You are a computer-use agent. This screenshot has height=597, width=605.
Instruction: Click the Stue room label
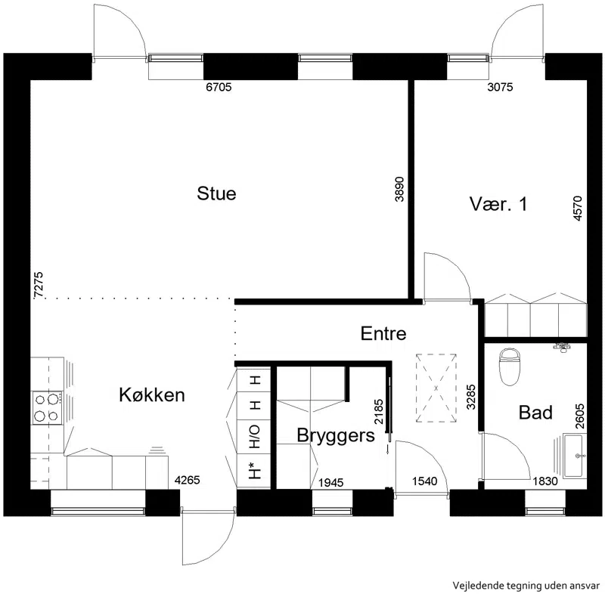coord(216,193)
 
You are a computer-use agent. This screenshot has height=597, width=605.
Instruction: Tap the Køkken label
coord(152,395)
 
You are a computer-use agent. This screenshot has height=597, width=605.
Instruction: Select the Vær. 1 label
coord(498,203)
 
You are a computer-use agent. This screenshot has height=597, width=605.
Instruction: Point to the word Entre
coord(383,333)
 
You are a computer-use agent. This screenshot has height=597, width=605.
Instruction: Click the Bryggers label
coord(336,436)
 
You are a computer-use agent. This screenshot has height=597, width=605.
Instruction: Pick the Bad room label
coord(535,413)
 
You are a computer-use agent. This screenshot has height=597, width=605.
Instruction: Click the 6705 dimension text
coord(219,87)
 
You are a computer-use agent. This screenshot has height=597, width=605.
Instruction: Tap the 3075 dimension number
coord(500,87)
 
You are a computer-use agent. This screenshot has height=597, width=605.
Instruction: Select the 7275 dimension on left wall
coord(39,285)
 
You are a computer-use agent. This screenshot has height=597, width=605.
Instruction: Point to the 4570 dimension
coord(578,209)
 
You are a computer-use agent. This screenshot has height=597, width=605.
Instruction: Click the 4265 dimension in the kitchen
coord(187,480)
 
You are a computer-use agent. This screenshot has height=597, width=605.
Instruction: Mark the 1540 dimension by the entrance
coord(424,481)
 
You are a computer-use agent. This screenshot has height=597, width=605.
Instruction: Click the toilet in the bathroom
coord(509,367)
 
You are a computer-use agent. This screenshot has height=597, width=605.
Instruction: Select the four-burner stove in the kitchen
coord(48,408)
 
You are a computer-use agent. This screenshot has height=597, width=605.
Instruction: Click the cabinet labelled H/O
coord(254,437)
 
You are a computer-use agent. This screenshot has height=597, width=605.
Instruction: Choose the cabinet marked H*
coord(254,471)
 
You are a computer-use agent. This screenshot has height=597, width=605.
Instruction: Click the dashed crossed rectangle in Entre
coord(436,388)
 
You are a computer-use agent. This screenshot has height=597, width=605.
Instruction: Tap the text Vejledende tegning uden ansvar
coord(526,586)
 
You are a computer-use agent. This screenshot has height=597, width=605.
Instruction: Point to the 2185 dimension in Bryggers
coord(379,412)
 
